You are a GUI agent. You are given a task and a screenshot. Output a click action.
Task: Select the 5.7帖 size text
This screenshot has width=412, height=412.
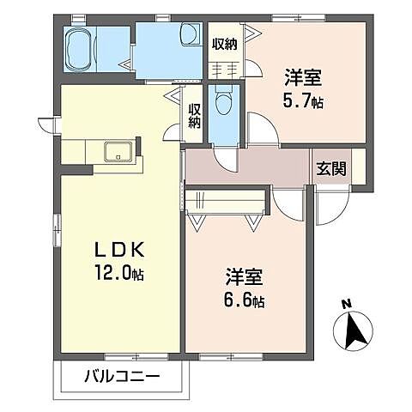(x=303, y=100)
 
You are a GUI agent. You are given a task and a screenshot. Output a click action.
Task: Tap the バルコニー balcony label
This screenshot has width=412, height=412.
(x=120, y=376)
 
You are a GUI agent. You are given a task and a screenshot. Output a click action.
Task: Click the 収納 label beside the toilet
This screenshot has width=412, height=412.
(x=194, y=115)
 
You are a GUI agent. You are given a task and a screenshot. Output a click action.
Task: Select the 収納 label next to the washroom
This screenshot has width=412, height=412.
(x=225, y=44)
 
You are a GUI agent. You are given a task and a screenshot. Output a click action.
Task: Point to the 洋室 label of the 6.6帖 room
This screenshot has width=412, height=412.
(x=244, y=278)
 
